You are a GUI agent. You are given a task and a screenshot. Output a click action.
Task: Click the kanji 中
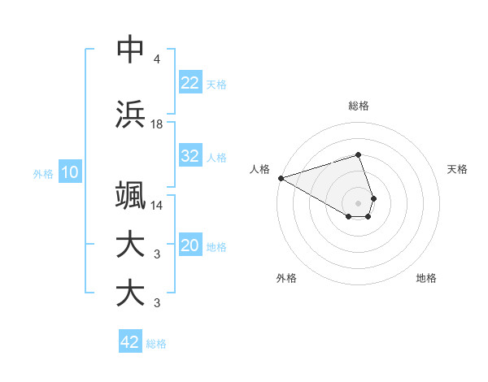pyautogui.click(x=130, y=49)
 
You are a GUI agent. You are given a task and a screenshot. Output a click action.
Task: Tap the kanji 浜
pyautogui.click(x=130, y=114)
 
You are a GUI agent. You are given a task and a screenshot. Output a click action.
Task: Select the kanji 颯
pyautogui.click(x=130, y=197)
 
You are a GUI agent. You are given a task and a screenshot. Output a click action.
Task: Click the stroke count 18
pyautogui.click(x=157, y=124)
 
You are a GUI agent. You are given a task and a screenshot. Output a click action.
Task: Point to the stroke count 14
pyautogui.click(x=157, y=206)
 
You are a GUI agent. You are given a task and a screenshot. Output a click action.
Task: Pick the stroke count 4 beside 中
pyautogui.click(x=156, y=59)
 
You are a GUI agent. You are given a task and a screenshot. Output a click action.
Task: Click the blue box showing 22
pyautogui.click(x=190, y=82)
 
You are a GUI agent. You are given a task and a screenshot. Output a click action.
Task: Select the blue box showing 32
pyautogui.click(x=190, y=156)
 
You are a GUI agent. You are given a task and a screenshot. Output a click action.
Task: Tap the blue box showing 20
pyautogui.click(x=190, y=245)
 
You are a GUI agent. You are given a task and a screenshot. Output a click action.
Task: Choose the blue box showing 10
pyautogui.click(x=69, y=172)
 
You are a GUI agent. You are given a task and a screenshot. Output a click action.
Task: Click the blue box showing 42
pyautogui.click(x=130, y=342)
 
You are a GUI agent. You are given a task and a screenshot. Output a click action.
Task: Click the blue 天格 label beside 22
pyautogui.click(x=216, y=84)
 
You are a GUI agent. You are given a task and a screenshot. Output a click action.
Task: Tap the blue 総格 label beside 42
pyautogui.click(x=156, y=344)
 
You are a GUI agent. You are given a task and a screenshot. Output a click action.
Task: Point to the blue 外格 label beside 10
pyautogui.click(x=43, y=173)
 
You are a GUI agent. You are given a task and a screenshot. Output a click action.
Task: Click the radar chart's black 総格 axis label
pyautogui.click(x=359, y=106)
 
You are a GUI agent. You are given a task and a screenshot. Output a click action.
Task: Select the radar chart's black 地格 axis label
pyautogui.click(x=426, y=278)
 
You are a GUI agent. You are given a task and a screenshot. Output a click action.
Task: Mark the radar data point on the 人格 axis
pyautogui.click(x=281, y=178)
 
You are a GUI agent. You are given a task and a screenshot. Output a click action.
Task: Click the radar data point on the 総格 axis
pyautogui.click(x=359, y=154)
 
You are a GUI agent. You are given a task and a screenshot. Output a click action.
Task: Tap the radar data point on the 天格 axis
pyautogui.click(x=373, y=198)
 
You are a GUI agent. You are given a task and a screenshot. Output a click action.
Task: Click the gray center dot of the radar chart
pyautogui.click(x=359, y=202)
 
